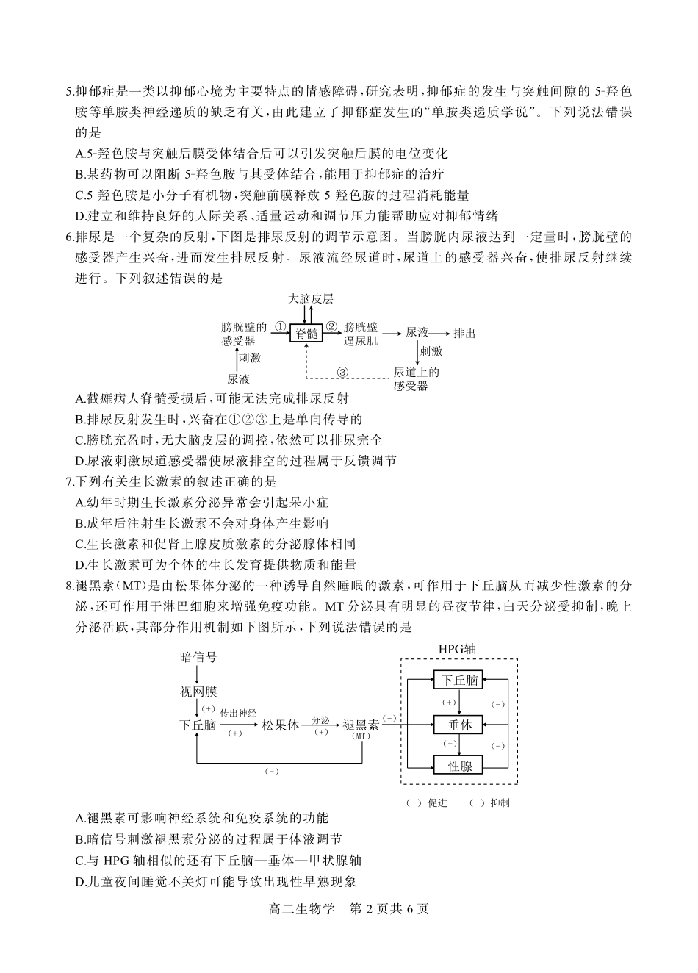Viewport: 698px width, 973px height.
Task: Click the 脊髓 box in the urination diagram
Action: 307,334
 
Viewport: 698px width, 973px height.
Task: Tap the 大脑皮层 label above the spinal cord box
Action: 311,299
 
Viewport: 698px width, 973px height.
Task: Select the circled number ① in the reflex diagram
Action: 280,326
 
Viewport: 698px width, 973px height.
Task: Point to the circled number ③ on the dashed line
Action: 342,371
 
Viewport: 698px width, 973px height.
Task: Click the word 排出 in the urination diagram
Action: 464,333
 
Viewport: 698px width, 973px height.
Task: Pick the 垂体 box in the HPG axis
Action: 459,725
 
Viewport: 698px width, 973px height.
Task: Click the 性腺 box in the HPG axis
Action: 459,766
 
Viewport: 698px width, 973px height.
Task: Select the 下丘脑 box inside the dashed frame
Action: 459,681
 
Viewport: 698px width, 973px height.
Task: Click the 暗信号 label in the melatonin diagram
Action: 198,657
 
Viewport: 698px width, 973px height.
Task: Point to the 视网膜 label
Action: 198,692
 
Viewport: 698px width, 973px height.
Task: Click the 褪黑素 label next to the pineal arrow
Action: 361,725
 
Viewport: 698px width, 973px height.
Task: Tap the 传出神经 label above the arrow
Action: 238,713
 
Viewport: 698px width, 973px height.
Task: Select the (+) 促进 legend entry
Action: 427,803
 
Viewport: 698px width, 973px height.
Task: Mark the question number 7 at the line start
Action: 70,481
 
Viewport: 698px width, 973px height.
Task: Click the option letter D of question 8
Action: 80,881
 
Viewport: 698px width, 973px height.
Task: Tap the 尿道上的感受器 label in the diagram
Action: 416,378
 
